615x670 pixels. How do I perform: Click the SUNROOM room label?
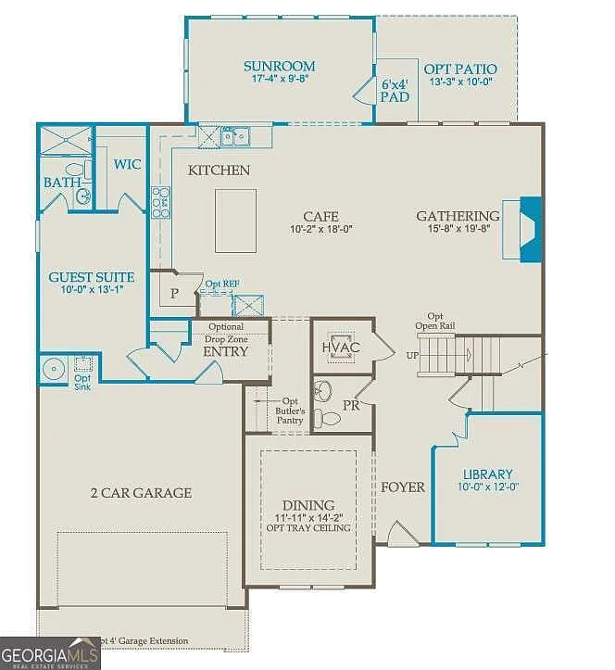click(279, 66)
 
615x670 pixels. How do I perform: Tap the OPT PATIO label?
click(459, 69)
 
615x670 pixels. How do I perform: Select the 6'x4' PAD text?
click(395, 89)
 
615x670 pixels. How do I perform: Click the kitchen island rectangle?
click(235, 221)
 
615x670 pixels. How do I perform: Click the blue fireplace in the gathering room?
click(530, 231)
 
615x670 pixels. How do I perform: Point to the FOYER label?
click(402, 487)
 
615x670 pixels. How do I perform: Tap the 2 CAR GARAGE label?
click(141, 492)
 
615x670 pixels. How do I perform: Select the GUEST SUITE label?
click(91, 276)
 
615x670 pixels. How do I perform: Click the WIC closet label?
click(127, 164)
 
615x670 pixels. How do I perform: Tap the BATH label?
click(62, 183)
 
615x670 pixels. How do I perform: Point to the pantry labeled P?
click(174, 293)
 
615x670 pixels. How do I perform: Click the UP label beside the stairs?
click(412, 355)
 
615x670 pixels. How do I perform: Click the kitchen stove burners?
click(161, 201)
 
